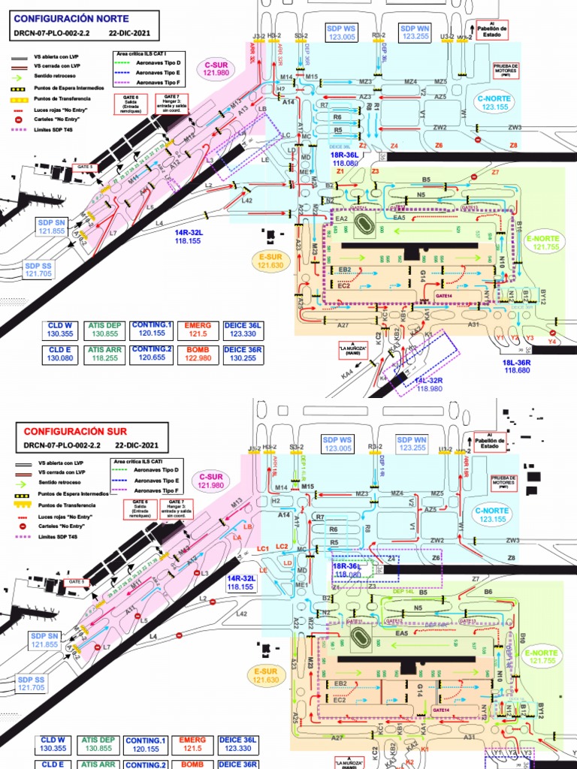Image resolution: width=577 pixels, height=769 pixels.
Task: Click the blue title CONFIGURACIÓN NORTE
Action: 71,18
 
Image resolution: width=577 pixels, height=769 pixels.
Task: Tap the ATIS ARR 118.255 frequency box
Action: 103,354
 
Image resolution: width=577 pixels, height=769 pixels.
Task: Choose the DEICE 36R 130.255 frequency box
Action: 243,354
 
